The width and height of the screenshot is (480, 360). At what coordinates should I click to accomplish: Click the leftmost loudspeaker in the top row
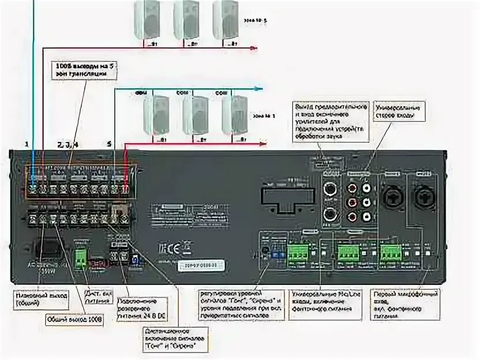(148, 20)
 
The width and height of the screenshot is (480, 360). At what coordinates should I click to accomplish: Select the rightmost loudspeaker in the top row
(226, 20)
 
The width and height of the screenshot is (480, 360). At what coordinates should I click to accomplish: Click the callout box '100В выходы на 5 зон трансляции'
(82, 70)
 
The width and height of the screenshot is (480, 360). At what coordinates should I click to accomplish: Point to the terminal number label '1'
(27, 142)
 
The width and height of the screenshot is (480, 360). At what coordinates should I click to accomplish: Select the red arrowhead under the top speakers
(253, 48)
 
